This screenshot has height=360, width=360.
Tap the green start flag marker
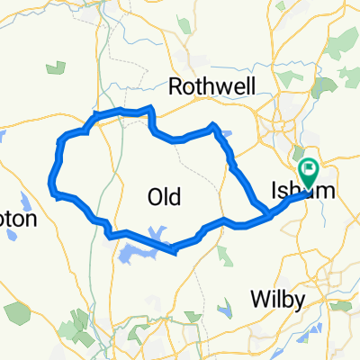310,168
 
